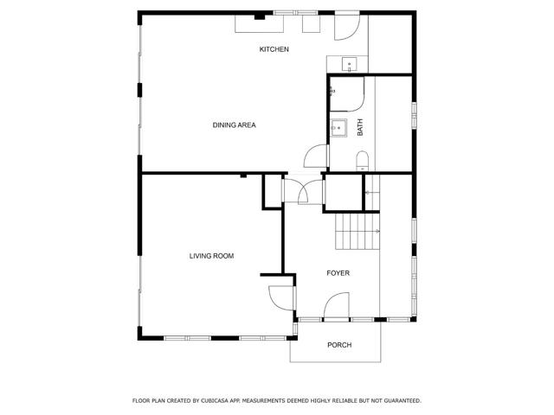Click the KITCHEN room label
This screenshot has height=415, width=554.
point(274,49)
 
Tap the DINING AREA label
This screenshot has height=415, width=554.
point(234,125)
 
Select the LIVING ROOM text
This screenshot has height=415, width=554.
point(212,256)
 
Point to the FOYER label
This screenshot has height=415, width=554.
point(338,273)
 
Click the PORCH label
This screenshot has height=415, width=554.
point(339,346)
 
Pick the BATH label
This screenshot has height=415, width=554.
point(360,126)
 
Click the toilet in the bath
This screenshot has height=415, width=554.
point(363,158)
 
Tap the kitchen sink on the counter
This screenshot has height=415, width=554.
point(348,63)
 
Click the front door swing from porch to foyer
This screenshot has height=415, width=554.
point(336,306)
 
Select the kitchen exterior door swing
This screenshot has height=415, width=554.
point(345,27)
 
